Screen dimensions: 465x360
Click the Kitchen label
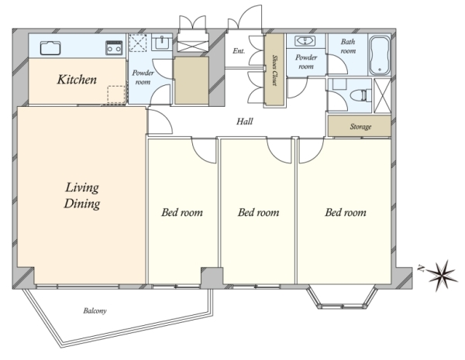pyautogui.click(x=77, y=80)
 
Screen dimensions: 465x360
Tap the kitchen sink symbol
pyautogui.click(x=50, y=48)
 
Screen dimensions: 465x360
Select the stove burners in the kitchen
pyautogui.click(x=114, y=48)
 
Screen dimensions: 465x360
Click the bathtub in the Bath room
pyautogui.click(x=379, y=56)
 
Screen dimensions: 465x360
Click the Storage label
pyautogui.click(x=360, y=127)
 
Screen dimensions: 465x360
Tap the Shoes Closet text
pyautogui.click(x=274, y=70)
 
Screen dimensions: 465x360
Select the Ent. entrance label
pyautogui.click(x=239, y=51)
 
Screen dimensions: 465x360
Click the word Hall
pyautogui.click(x=245, y=122)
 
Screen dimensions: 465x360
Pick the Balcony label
pyautogui.click(x=95, y=310)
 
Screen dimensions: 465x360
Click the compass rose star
pyautogui.click(x=442, y=276)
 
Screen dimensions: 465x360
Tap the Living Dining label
pyautogui.click(x=82, y=196)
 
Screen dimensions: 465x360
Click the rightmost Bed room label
pyautogui.click(x=346, y=212)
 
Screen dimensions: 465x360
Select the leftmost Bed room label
pyautogui.click(x=182, y=212)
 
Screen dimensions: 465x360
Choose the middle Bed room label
pyautogui.click(x=258, y=212)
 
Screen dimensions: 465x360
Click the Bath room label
pyautogui.click(x=348, y=46)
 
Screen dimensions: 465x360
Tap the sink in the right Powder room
pyautogui.click(x=305, y=41)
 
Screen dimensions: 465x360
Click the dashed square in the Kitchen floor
pyautogui.click(x=116, y=94)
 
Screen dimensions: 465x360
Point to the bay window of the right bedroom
pyautogui.click(x=342, y=297)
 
